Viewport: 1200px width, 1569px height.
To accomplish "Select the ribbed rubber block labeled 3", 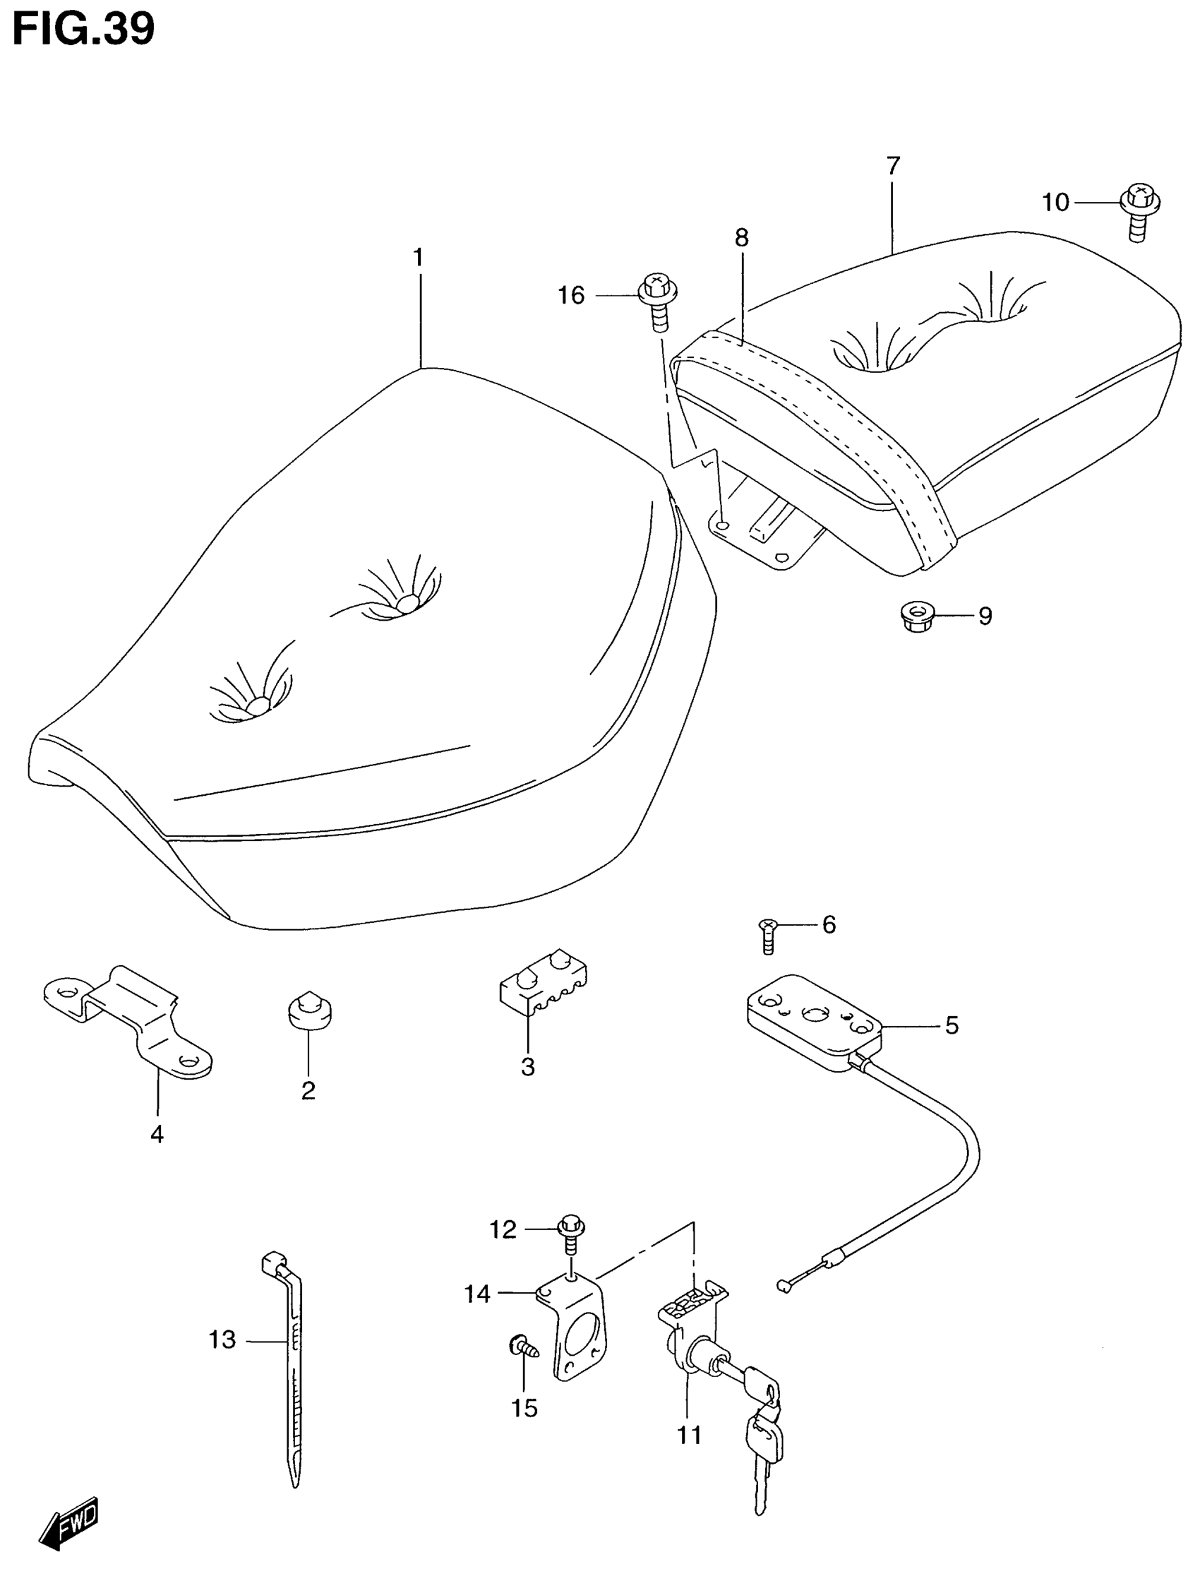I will click(543, 980).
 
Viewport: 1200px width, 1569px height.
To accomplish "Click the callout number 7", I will click(893, 167).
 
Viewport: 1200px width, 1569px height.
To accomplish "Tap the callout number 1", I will click(419, 257).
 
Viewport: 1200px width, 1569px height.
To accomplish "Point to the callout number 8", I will click(741, 238).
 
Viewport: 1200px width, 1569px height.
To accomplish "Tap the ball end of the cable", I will click(783, 1286).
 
